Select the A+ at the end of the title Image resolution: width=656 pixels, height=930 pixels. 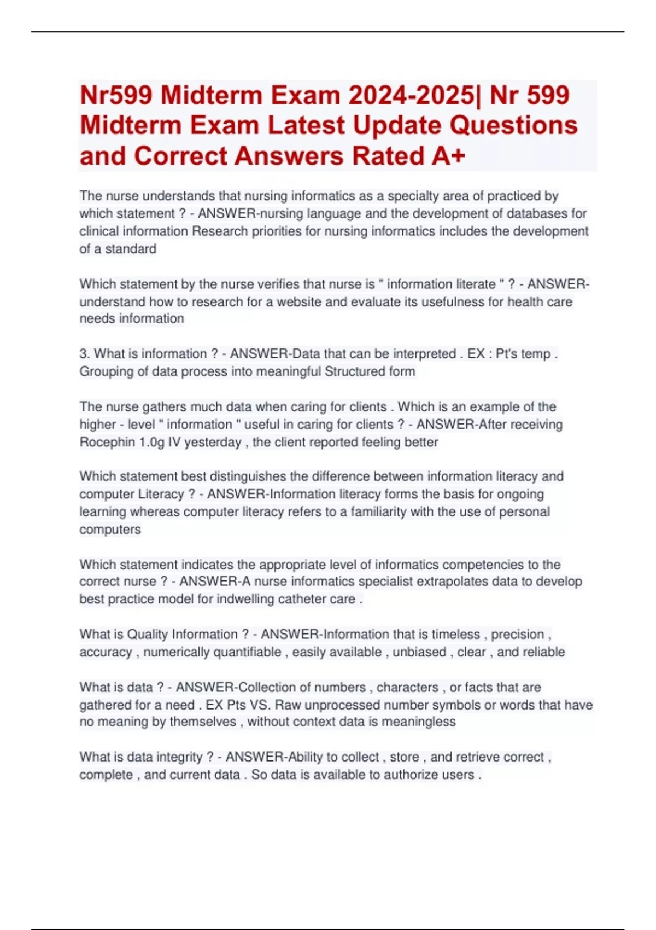[x=448, y=156]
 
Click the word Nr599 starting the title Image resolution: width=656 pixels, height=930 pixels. [x=116, y=95]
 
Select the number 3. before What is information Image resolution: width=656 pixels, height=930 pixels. [x=84, y=354]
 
